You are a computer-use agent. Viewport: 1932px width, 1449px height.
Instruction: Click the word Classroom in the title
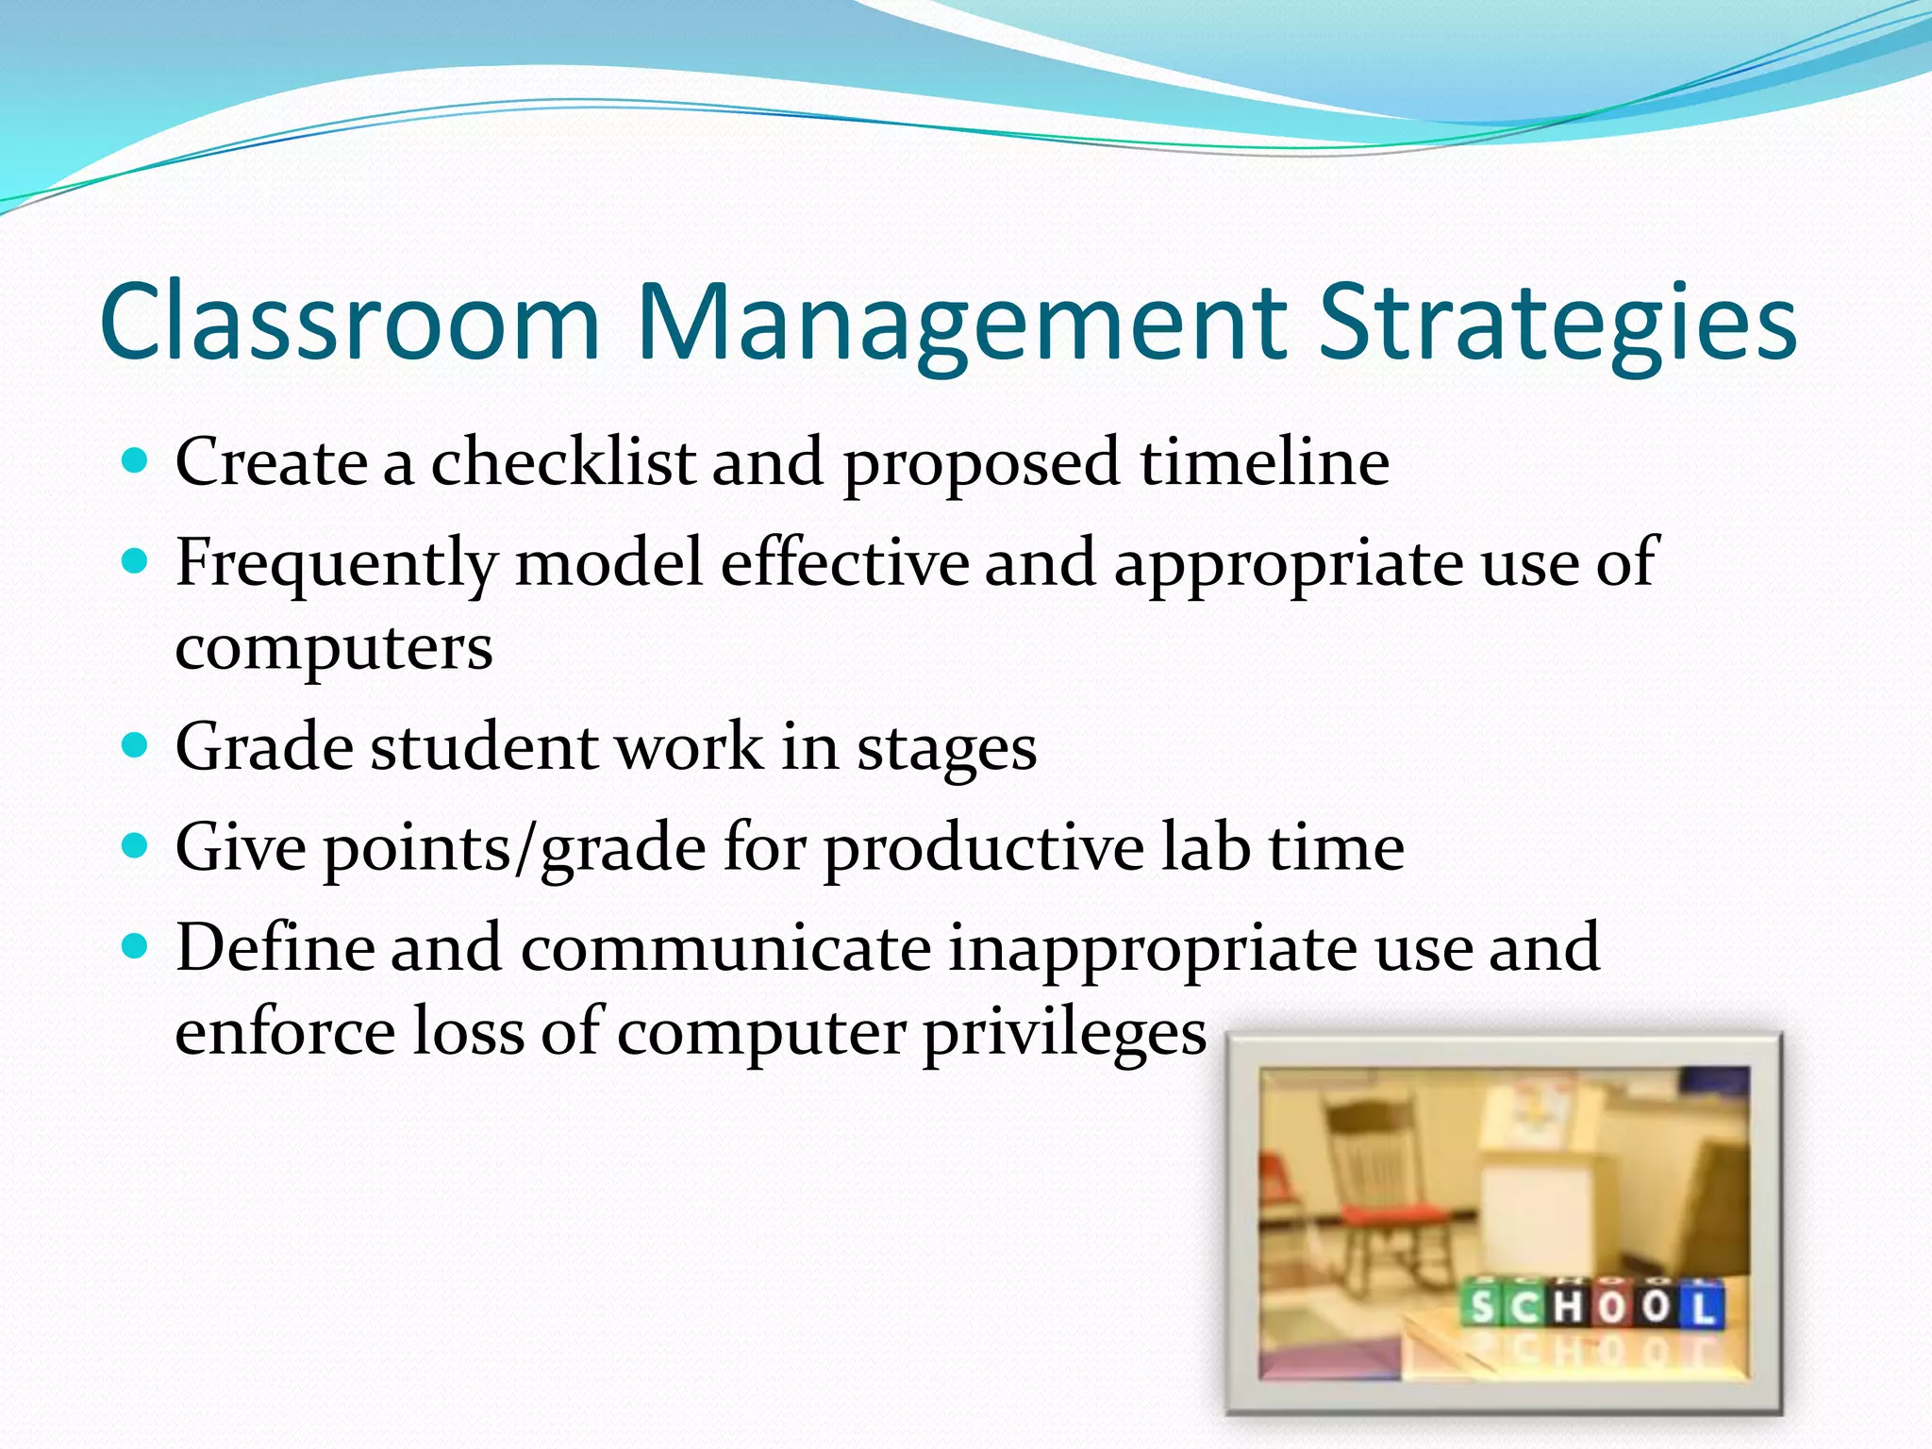tap(349, 323)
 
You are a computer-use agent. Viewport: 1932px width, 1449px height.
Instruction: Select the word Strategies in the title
tap(1557, 323)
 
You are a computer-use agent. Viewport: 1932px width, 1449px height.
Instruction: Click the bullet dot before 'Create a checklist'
tap(136, 461)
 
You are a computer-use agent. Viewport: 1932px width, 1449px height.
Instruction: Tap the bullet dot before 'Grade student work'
tap(136, 746)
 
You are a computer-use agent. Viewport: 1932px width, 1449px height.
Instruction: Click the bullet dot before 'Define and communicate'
tap(136, 946)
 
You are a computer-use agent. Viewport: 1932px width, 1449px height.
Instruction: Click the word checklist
tap(562, 462)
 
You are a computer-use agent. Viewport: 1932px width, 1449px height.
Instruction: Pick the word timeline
tap(1264, 462)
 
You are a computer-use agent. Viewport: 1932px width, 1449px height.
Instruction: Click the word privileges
tap(1063, 1034)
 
